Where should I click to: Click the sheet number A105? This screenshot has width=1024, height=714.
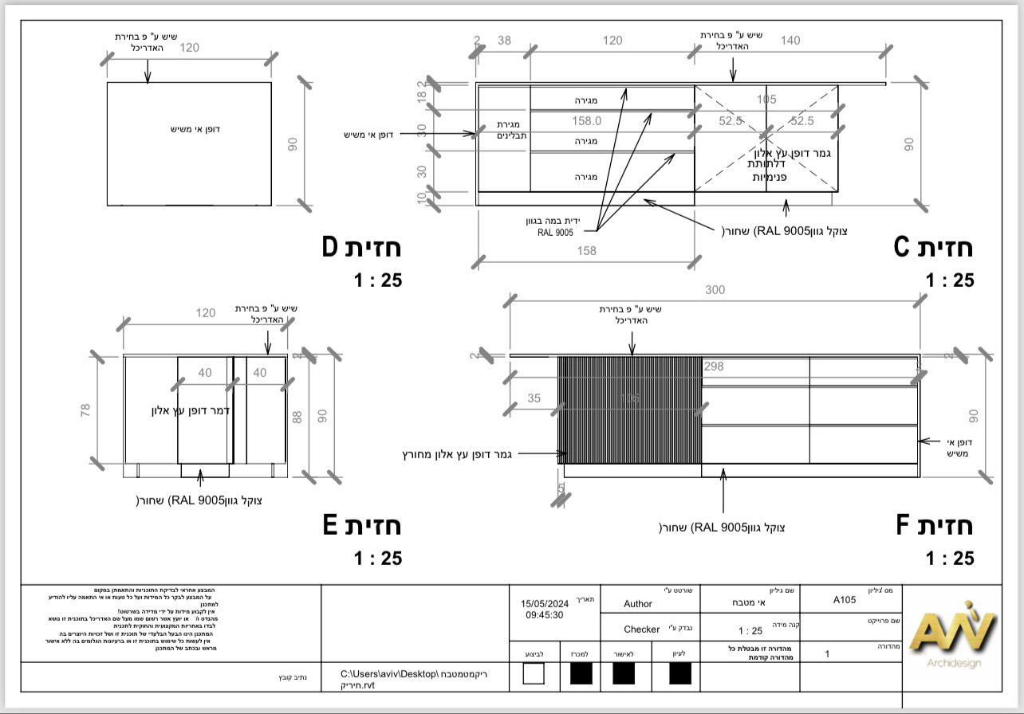pyautogui.click(x=845, y=600)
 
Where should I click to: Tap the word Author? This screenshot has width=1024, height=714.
pyautogui.click(x=638, y=604)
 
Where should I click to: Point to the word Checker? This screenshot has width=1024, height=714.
pyautogui.click(x=642, y=630)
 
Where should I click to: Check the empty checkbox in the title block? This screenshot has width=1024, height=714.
pyautogui.click(x=534, y=674)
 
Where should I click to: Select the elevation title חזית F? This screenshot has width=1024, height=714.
pyautogui.click(x=935, y=526)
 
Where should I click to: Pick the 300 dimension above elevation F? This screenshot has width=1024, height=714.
pyautogui.click(x=715, y=290)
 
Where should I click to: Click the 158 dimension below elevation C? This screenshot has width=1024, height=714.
pyautogui.click(x=586, y=251)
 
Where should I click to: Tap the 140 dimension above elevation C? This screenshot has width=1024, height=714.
pyautogui.click(x=790, y=41)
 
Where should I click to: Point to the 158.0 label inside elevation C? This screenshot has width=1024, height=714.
pyautogui.click(x=586, y=121)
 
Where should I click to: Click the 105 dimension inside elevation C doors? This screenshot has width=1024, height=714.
pyautogui.click(x=766, y=100)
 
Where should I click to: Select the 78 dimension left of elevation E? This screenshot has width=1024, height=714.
pyautogui.click(x=86, y=410)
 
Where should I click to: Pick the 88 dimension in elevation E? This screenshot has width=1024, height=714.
pyautogui.click(x=297, y=416)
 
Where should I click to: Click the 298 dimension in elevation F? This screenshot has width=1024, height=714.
pyautogui.click(x=714, y=366)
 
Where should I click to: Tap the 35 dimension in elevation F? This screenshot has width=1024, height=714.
pyautogui.click(x=534, y=397)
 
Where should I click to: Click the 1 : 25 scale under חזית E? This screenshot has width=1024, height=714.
pyautogui.click(x=377, y=558)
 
